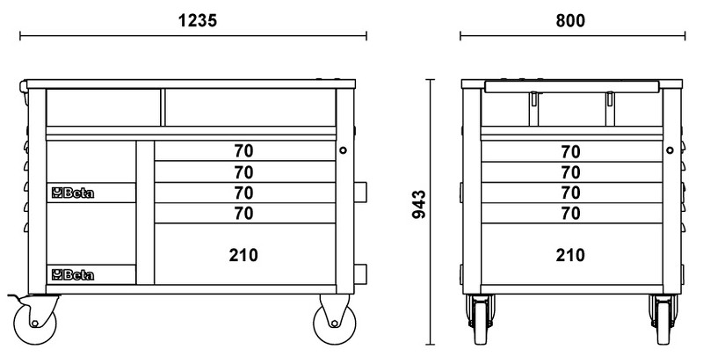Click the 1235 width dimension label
(x=198, y=20)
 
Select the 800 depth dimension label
(x=570, y=20)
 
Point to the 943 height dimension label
(x=419, y=204)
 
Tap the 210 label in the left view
(x=243, y=255)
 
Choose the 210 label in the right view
(x=570, y=255)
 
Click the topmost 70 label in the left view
(x=243, y=151)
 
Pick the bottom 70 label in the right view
(x=570, y=213)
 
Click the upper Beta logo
(x=73, y=193)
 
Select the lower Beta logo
(x=73, y=274)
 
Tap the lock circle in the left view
(x=343, y=150)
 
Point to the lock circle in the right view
(x=670, y=150)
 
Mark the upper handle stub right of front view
(x=360, y=192)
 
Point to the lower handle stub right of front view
(x=360, y=274)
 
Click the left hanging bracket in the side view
(x=533, y=109)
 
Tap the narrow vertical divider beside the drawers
(x=145, y=212)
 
